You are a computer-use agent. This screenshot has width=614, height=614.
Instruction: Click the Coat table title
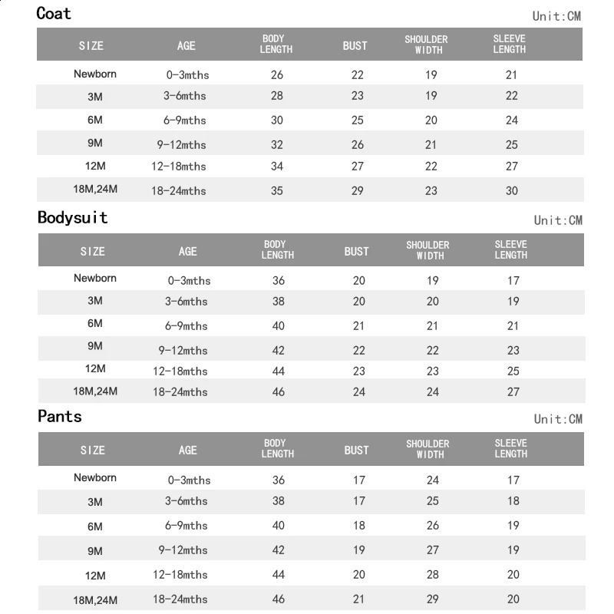coord(54,14)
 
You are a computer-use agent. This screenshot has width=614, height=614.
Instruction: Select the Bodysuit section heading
coord(73,218)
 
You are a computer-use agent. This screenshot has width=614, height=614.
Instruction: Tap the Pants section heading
coord(60,417)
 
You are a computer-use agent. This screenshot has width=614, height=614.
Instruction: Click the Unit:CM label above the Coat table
coord(557,16)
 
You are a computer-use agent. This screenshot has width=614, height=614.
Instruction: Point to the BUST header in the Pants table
coord(356,450)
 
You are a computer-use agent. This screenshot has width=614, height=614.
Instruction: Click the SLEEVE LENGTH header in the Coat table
coord(510,45)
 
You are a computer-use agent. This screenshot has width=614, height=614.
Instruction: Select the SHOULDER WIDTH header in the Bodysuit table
coord(427,250)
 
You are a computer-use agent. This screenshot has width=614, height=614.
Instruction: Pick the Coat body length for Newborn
coord(277,75)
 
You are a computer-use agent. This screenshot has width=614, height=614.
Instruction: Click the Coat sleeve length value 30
coord(512,191)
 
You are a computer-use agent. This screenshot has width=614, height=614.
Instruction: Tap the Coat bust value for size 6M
coord(357,120)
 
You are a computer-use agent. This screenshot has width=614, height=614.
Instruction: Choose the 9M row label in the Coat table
coord(95,143)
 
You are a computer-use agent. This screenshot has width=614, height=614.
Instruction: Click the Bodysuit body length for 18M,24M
coord(278,392)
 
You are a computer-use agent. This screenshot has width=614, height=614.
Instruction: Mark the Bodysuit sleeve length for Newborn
coord(513,281)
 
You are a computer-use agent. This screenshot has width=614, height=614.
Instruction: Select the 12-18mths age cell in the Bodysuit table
coord(180,371)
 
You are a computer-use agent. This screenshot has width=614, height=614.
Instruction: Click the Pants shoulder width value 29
coord(432,599)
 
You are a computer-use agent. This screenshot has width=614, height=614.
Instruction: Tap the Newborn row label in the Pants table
coord(95,478)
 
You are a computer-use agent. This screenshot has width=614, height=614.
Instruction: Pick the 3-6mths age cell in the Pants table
coord(186,502)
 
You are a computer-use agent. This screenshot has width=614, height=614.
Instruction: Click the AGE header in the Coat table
coord(187,45)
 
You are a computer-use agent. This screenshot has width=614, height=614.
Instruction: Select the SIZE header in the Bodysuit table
coord(92,251)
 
